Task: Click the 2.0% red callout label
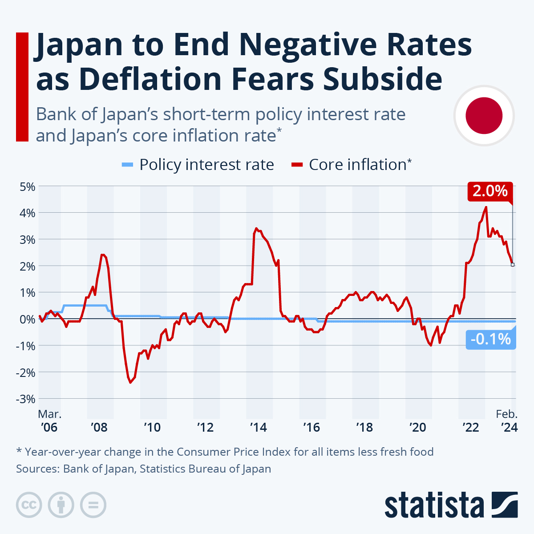[490, 191]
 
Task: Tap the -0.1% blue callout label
[490, 340]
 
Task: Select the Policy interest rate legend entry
[198, 165]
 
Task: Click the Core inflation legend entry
[352, 165]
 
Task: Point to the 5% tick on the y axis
[27, 186]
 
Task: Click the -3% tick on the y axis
[25, 399]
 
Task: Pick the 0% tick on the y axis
[27, 319]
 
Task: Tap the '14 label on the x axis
[258, 427]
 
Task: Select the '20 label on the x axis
[417, 427]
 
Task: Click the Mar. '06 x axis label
[49, 421]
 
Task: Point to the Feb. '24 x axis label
[507, 421]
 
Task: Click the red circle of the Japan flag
[484, 116]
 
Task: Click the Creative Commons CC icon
[29, 505]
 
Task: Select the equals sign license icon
[93, 505]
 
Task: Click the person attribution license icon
[61, 505]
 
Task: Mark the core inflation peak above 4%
[486, 207]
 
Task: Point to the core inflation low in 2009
[130, 382]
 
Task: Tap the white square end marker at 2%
[513, 265]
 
